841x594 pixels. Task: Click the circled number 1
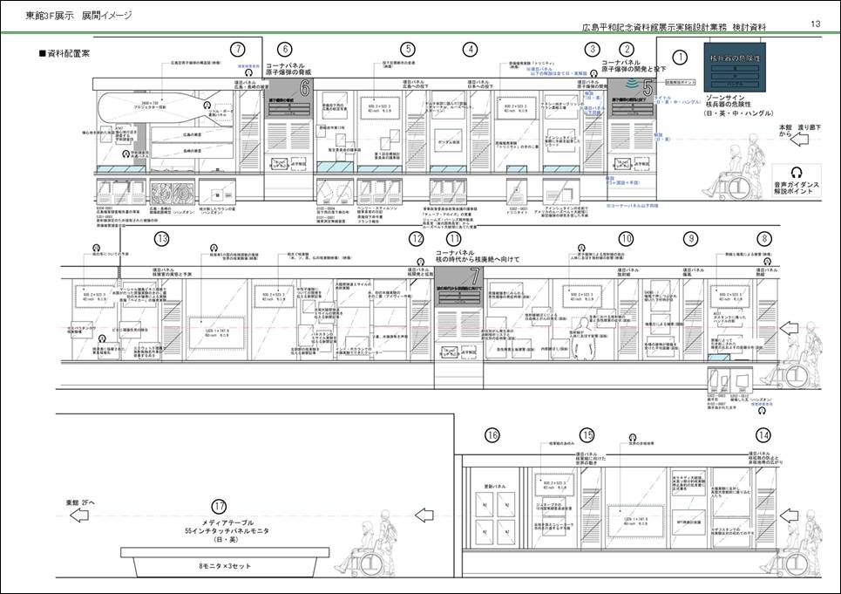tap(681, 58)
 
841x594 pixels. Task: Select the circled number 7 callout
tap(238, 50)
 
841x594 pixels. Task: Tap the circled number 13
tap(161, 239)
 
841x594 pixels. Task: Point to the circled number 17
tap(219, 505)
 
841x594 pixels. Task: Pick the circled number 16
tap(492, 435)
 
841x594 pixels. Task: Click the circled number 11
tap(453, 238)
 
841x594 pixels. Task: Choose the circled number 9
tap(691, 238)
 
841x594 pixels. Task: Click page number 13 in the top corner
tap(816, 24)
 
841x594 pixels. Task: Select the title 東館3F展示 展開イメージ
tap(78, 16)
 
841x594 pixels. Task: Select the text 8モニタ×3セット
tap(219, 568)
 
